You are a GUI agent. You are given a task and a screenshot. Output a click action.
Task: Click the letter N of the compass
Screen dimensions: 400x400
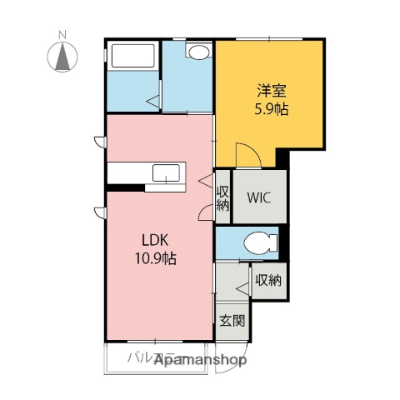pos(62,34)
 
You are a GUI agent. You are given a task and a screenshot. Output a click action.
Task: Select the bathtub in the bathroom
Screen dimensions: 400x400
pos(132,57)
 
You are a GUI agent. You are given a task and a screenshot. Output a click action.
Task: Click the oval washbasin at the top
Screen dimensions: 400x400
pos(199,52)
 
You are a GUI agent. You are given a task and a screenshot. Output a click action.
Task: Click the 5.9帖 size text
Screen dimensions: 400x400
pos(271,108)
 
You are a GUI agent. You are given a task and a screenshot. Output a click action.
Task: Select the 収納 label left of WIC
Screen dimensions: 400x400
pos(223,198)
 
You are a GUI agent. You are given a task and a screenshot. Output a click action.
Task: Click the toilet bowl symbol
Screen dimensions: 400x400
pos(260,244)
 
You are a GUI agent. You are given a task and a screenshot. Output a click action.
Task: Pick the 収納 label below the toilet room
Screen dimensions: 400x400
pos(267,280)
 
